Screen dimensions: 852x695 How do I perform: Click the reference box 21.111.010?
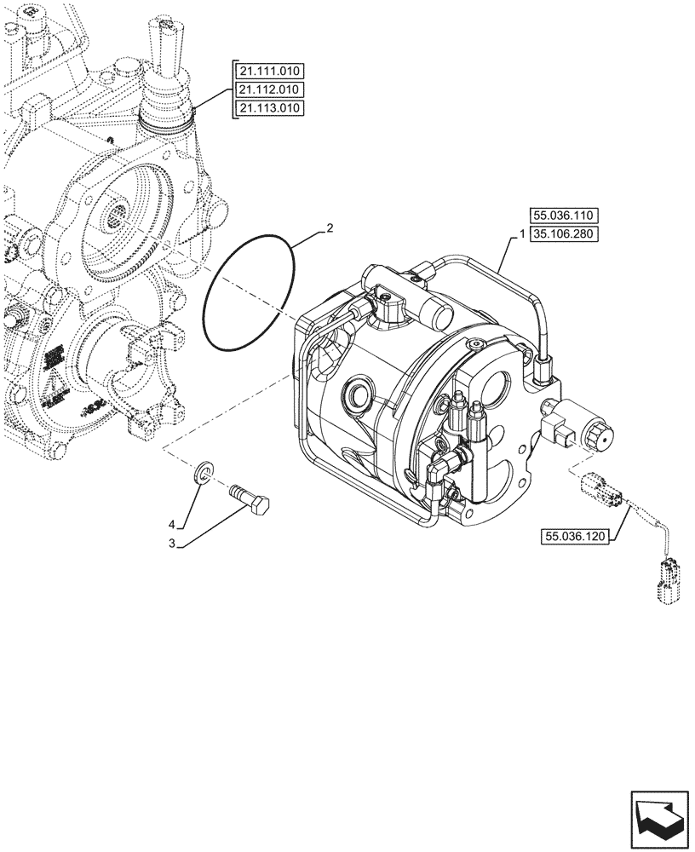pyautogui.click(x=267, y=72)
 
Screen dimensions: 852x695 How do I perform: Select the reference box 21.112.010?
pyautogui.click(x=267, y=89)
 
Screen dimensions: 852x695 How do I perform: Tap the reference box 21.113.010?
pyautogui.click(x=267, y=107)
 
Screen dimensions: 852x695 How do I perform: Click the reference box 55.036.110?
pyautogui.click(x=564, y=217)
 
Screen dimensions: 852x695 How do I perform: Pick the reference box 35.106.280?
pyautogui.click(x=564, y=235)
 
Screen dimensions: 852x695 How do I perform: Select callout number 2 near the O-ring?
pyautogui.click(x=330, y=229)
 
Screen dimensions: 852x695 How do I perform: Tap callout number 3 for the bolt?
pyautogui.click(x=172, y=542)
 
